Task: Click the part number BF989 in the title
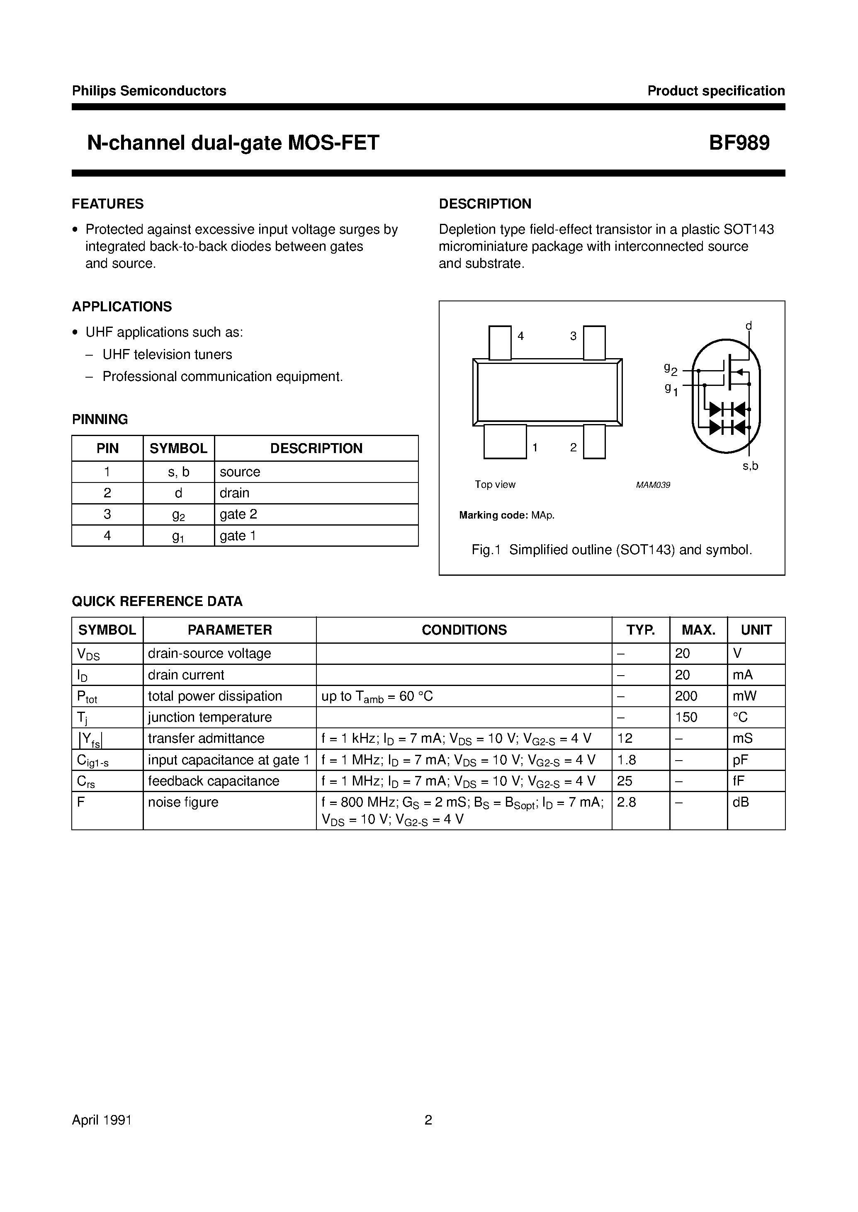(x=739, y=143)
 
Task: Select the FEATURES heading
(x=108, y=204)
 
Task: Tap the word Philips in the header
(x=94, y=91)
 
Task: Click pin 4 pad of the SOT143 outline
(x=500, y=342)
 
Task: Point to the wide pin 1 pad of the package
(x=505, y=442)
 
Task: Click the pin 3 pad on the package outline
(x=594, y=342)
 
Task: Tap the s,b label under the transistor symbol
(x=750, y=466)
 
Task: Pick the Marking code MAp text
(x=507, y=515)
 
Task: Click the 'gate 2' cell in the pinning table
(x=238, y=514)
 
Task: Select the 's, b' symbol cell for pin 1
(x=179, y=472)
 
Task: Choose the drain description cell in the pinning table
(x=235, y=493)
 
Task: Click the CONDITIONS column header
(x=464, y=630)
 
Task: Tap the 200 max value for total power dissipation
(x=686, y=696)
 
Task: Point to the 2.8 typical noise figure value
(x=627, y=802)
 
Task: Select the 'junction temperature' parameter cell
(x=210, y=717)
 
